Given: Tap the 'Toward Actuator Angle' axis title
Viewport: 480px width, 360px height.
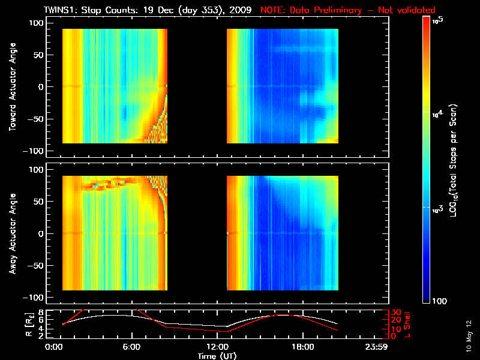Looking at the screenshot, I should [12, 88].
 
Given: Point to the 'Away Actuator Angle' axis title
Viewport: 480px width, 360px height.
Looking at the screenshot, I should [12, 235].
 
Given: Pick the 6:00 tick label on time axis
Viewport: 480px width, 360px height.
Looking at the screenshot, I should [131, 347].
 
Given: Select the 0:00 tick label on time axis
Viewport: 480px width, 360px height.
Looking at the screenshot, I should [54, 347].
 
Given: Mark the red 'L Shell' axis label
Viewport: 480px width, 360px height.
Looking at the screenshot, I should [413, 324].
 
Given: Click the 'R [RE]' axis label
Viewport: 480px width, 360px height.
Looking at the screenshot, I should [12, 324].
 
